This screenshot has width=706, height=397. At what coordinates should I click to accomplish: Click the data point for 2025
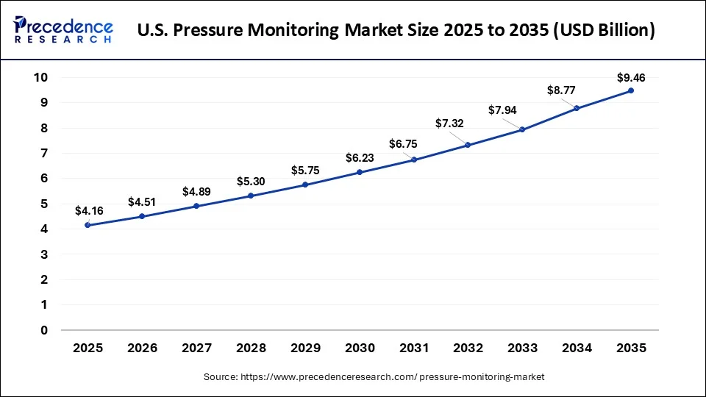coord(88,225)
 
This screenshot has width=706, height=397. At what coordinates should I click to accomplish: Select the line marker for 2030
coord(360,172)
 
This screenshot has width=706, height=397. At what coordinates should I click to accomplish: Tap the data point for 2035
coord(631,90)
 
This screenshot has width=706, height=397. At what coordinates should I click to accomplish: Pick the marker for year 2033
coord(522,129)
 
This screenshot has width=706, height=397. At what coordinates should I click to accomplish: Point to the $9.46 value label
coord(631,76)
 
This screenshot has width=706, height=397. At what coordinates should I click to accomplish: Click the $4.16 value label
coord(88,211)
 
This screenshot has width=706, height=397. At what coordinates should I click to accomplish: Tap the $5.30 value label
coord(251,181)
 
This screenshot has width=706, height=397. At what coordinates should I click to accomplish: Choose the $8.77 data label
coord(561,90)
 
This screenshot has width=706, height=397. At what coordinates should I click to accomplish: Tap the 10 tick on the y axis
coord(41,78)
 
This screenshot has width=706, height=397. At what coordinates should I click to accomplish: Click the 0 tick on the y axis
coord(45,330)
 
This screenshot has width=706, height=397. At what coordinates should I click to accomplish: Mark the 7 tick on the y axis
coord(45,154)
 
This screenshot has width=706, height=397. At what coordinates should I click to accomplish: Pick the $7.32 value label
coord(449,124)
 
